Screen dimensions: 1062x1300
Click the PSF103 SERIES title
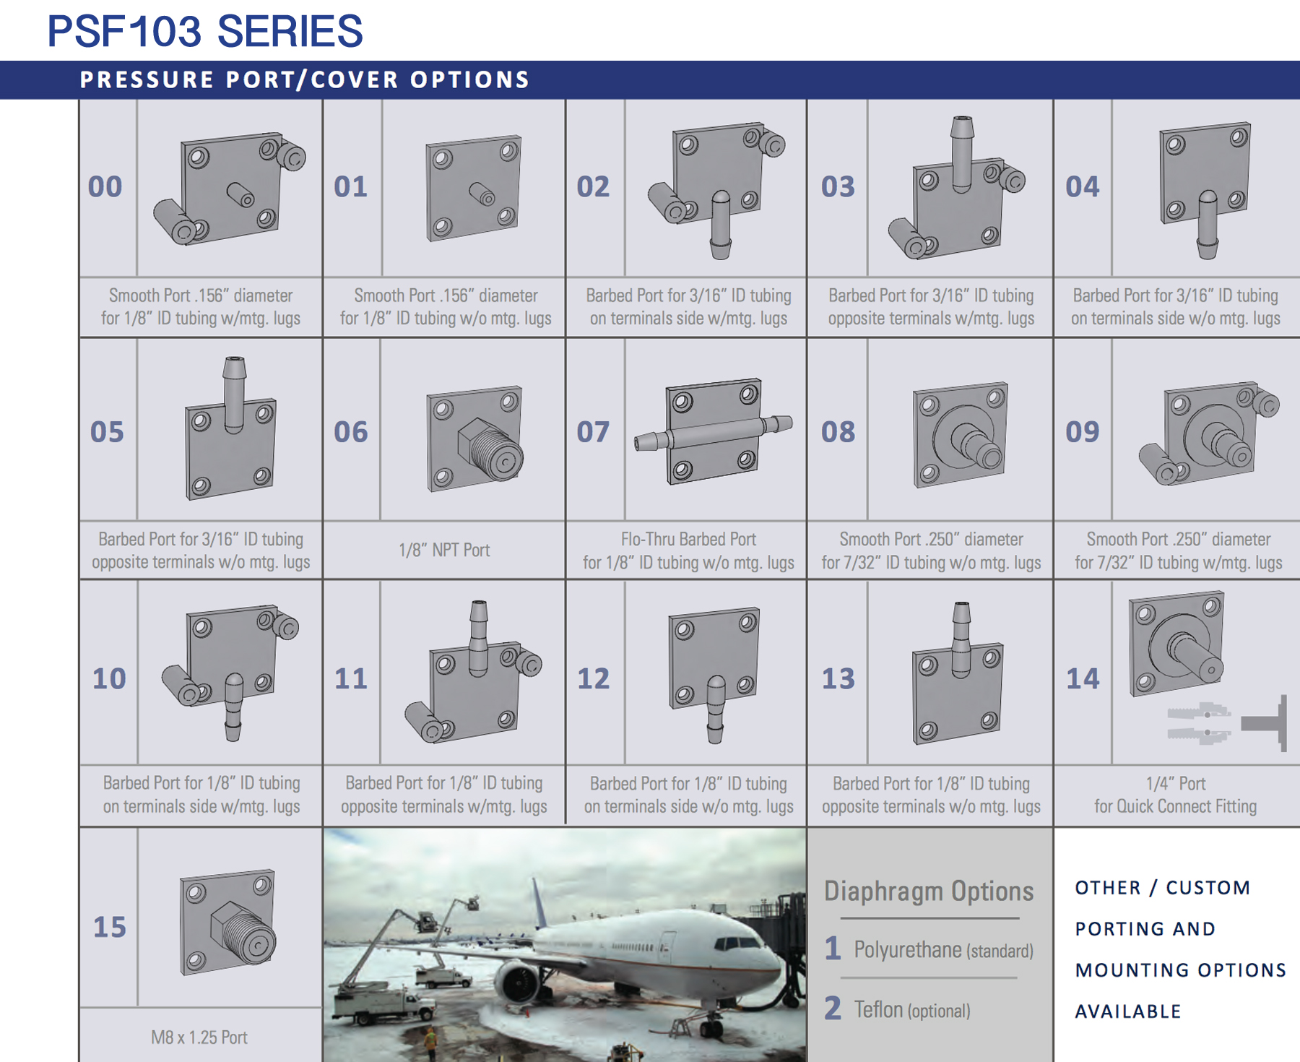(x=204, y=31)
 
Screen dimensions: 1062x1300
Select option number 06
(x=350, y=432)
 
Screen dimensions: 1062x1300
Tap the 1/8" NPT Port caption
(x=444, y=550)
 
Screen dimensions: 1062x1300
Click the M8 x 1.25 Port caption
(x=199, y=1037)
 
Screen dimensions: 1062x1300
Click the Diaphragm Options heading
(x=929, y=891)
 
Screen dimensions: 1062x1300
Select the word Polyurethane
(x=907, y=949)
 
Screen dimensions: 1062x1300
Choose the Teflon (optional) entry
(x=911, y=1009)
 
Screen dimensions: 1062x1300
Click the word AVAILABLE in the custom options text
(x=1128, y=1011)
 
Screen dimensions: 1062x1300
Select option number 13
(x=838, y=678)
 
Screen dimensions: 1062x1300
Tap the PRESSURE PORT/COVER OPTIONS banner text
(x=305, y=79)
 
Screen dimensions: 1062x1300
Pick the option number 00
(x=105, y=186)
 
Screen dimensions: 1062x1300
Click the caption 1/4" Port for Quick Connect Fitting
(x=1175, y=795)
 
